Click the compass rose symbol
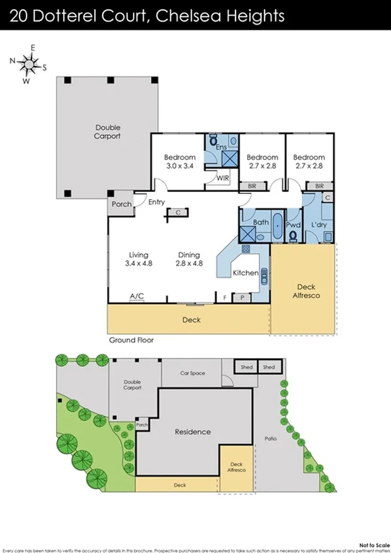[27, 63]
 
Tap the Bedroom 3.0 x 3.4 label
[179, 161]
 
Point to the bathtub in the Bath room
[277, 228]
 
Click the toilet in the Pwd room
[294, 235]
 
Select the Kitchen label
[245, 272]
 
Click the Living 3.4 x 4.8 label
[138, 259]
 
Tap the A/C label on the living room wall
[137, 297]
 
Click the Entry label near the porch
[156, 202]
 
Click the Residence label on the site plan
[193, 432]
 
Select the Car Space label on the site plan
[192, 373]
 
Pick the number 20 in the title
[19, 15]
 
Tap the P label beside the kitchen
[243, 297]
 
